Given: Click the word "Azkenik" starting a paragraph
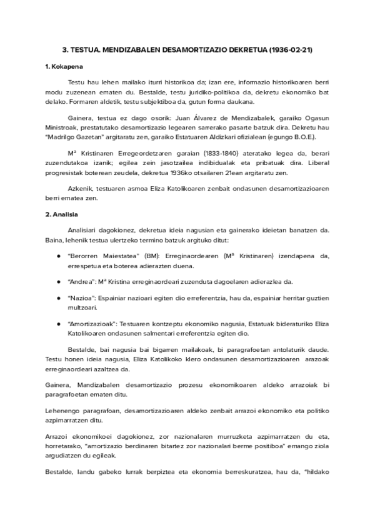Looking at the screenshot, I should tap(79, 188).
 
